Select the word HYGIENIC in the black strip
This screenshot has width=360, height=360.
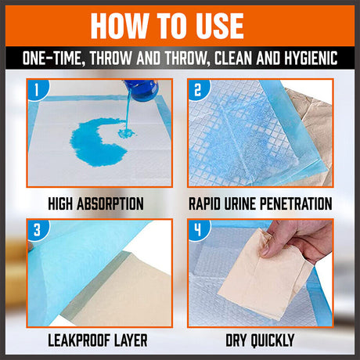311,58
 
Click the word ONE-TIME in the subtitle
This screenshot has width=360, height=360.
52,58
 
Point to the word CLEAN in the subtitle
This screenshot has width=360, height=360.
234,58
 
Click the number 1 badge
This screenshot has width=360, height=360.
37,89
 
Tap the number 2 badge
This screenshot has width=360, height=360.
198,89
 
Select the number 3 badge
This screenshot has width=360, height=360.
38,229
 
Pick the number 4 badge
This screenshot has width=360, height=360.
198,229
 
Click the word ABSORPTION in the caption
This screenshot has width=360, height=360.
110,203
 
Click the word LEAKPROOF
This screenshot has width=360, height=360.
76,340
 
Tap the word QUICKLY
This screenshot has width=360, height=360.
272,340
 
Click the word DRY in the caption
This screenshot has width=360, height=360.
236,340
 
